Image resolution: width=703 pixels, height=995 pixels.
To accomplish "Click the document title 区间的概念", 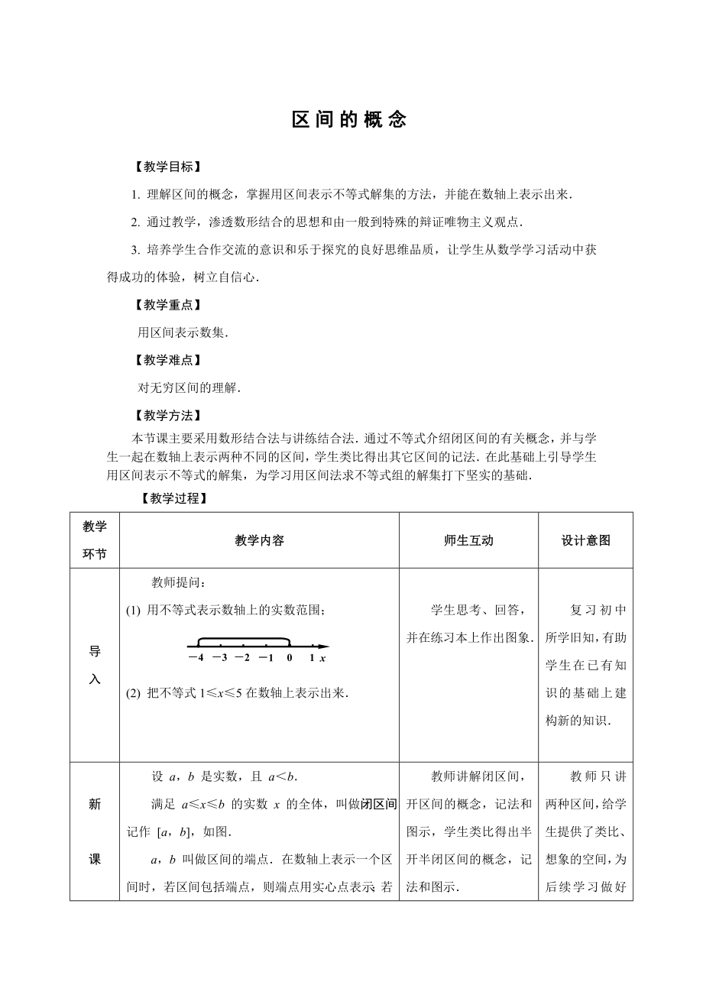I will pyautogui.click(x=349, y=121).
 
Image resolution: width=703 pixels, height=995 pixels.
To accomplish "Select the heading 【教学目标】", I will pyautogui.click(x=167, y=167).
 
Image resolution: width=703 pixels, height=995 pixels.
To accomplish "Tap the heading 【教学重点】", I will pyautogui.click(x=167, y=305).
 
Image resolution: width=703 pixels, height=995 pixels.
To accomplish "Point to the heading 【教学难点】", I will pyautogui.click(x=167, y=360).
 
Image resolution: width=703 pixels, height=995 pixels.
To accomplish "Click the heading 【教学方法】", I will pyautogui.click(x=167, y=416).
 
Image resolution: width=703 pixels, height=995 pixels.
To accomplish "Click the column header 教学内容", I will pyautogui.click(x=259, y=540).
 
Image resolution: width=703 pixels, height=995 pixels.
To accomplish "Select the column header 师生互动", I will pyautogui.click(x=468, y=540).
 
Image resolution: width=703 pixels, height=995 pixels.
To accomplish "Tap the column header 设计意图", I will pyautogui.click(x=585, y=540).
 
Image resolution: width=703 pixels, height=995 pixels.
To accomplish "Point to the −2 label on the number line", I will pyautogui.click(x=242, y=657).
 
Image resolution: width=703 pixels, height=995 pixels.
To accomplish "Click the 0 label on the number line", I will pyautogui.click(x=290, y=657).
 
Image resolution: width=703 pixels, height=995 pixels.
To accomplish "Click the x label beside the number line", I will pyautogui.click(x=324, y=657).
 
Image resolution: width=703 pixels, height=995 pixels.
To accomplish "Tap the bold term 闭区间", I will pyautogui.click(x=380, y=804).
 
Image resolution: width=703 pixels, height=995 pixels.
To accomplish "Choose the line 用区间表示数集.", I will pyautogui.click(x=183, y=332).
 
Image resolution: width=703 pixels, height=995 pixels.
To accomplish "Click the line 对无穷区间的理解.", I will pyautogui.click(x=189, y=387).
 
